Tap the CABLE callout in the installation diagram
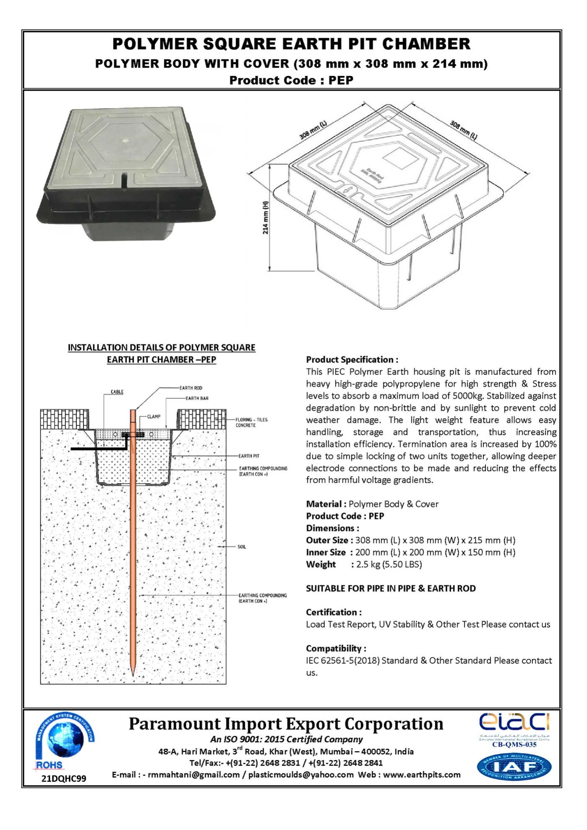click(x=117, y=392)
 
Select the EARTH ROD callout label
click(x=191, y=388)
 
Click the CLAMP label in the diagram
click(x=153, y=416)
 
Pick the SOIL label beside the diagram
click(x=242, y=547)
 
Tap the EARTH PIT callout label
click(x=249, y=456)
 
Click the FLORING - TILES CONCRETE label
click(x=251, y=422)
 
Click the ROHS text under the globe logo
click(x=49, y=765)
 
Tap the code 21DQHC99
click(x=64, y=778)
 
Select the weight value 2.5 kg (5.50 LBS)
click(x=389, y=564)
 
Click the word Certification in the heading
click(x=331, y=612)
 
